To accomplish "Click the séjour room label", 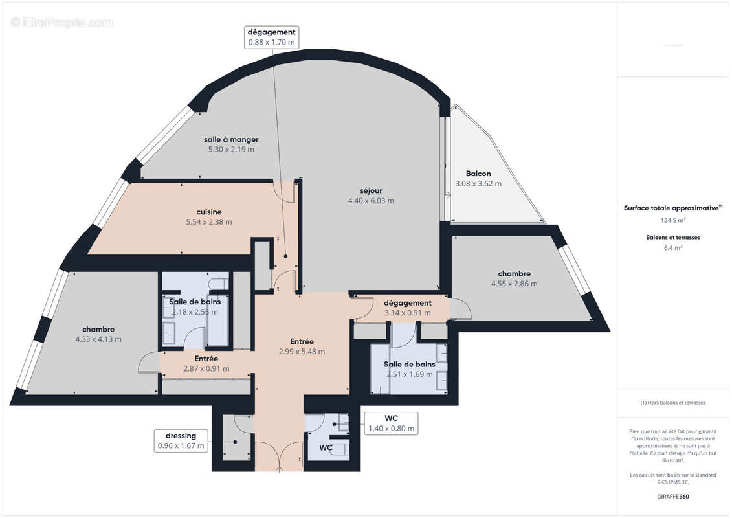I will (x=371, y=190).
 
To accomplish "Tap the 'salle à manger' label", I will (x=231, y=139).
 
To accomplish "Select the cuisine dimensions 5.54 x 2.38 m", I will (x=208, y=222).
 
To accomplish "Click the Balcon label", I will (x=478, y=174).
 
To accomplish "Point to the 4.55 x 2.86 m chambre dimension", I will (x=514, y=283).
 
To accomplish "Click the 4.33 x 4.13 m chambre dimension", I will (x=98, y=339).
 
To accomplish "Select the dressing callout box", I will (x=181, y=440).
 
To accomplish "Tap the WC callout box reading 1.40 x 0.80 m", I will (x=391, y=423).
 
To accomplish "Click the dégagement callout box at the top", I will (x=272, y=37).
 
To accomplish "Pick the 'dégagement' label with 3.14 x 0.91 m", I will (x=407, y=303).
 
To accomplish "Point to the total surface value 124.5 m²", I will (x=672, y=220).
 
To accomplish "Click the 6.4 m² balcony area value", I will (x=672, y=247).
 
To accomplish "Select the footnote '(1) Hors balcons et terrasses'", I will (x=672, y=403).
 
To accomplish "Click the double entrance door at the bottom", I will (x=278, y=457).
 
